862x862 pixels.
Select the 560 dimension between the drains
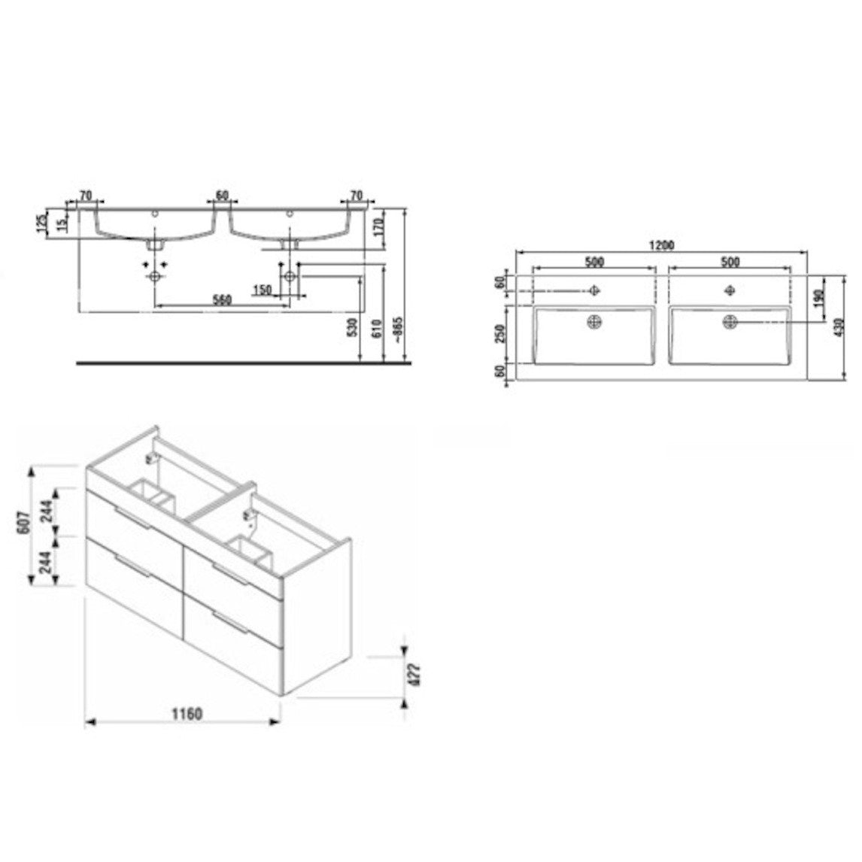click(x=221, y=299)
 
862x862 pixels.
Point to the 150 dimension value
click(x=262, y=290)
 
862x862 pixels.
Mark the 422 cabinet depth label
click(x=412, y=674)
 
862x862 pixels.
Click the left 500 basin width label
click(x=594, y=262)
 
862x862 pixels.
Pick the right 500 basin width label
click(x=730, y=262)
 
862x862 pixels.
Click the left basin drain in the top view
click(x=594, y=322)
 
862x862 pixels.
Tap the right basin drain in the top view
click(x=730, y=322)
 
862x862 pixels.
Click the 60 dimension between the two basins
click(x=222, y=196)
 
